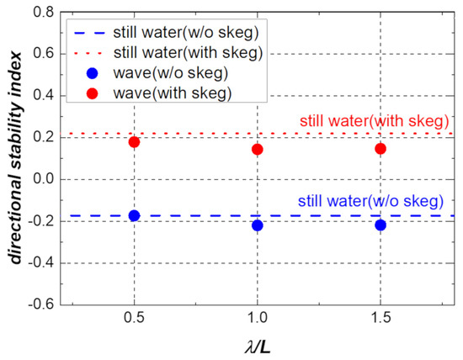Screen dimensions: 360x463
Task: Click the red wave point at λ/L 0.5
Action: (134, 142)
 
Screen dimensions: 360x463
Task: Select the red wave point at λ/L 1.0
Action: (258, 149)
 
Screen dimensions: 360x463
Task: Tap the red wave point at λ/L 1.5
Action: (381, 148)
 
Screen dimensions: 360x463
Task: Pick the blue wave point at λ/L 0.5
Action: (134, 215)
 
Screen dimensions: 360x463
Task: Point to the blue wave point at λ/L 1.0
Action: (258, 225)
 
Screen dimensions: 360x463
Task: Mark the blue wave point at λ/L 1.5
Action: (381, 225)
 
